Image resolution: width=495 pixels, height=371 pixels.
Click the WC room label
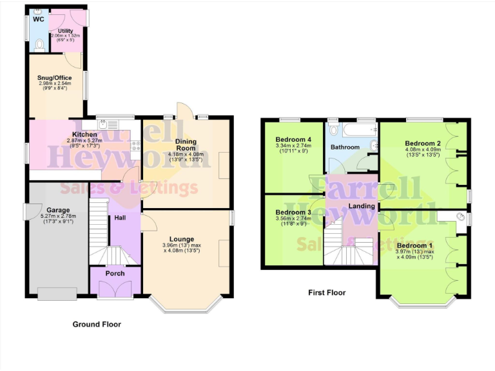tap(38, 19)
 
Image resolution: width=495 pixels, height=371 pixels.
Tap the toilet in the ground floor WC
tap(39, 44)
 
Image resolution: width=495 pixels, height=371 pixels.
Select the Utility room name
tap(65, 30)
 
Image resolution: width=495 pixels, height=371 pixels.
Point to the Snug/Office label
tap(54, 78)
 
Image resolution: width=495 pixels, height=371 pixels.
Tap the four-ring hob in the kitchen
tap(135, 146)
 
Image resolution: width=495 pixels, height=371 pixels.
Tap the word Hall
tap(121, 218)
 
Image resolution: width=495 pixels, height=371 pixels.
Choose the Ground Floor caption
tap(96, 324)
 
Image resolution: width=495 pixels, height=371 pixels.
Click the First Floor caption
tap(326, 292)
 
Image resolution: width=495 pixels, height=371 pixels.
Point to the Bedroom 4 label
tap(293, 139)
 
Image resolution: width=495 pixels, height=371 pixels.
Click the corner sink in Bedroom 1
tap(461, 216)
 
